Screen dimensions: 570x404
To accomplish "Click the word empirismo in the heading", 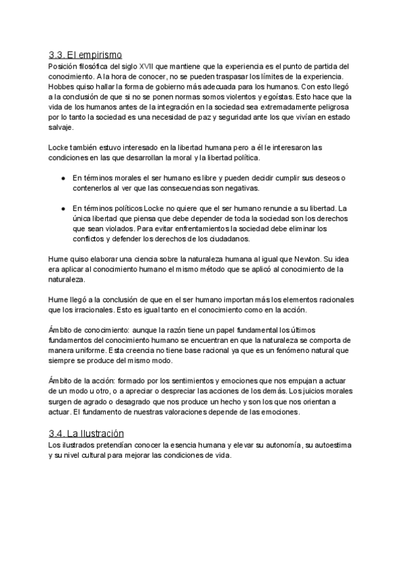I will pyautogui.click(x=102, y=55).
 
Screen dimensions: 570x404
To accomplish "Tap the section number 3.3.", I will pyautogui.click(x=57, y=55).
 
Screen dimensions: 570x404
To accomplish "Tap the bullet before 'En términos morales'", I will pyautogui.click(x=62, y=177).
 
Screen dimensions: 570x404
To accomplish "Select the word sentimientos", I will pyautogui.click(x=181, y=380).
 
